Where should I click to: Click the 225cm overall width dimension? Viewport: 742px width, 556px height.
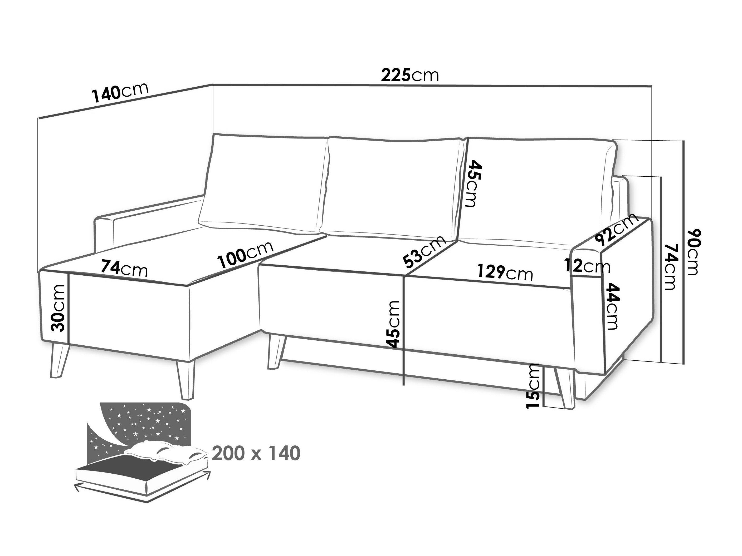[410, 75]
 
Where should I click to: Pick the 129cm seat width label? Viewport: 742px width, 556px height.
[505, 272]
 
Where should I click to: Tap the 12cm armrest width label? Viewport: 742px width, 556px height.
[587, 266]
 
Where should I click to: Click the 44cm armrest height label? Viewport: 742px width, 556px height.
[612, 306]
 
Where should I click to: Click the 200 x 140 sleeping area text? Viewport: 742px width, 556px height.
[256, 453]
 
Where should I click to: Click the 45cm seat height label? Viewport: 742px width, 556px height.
[393, 324]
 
